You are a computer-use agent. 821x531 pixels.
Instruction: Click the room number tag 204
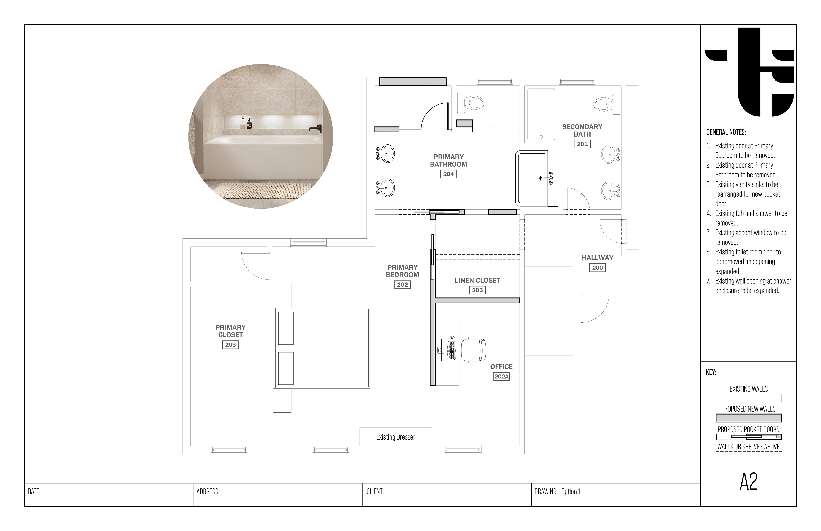448,174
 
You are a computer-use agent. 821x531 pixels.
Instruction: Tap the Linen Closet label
477,280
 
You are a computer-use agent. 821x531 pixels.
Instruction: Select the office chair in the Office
474,350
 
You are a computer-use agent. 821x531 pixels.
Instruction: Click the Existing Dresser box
396,437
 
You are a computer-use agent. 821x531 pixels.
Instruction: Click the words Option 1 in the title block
571,492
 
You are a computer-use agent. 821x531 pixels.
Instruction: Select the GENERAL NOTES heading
726,132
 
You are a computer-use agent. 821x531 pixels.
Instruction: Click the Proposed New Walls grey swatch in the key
749,418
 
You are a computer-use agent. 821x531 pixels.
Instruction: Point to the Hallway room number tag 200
597,268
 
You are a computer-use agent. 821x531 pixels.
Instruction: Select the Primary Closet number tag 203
230,344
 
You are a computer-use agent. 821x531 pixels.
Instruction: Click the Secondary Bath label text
582,130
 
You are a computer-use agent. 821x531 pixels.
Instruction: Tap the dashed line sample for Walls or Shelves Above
749,451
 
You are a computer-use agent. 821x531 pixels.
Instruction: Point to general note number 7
749,286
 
